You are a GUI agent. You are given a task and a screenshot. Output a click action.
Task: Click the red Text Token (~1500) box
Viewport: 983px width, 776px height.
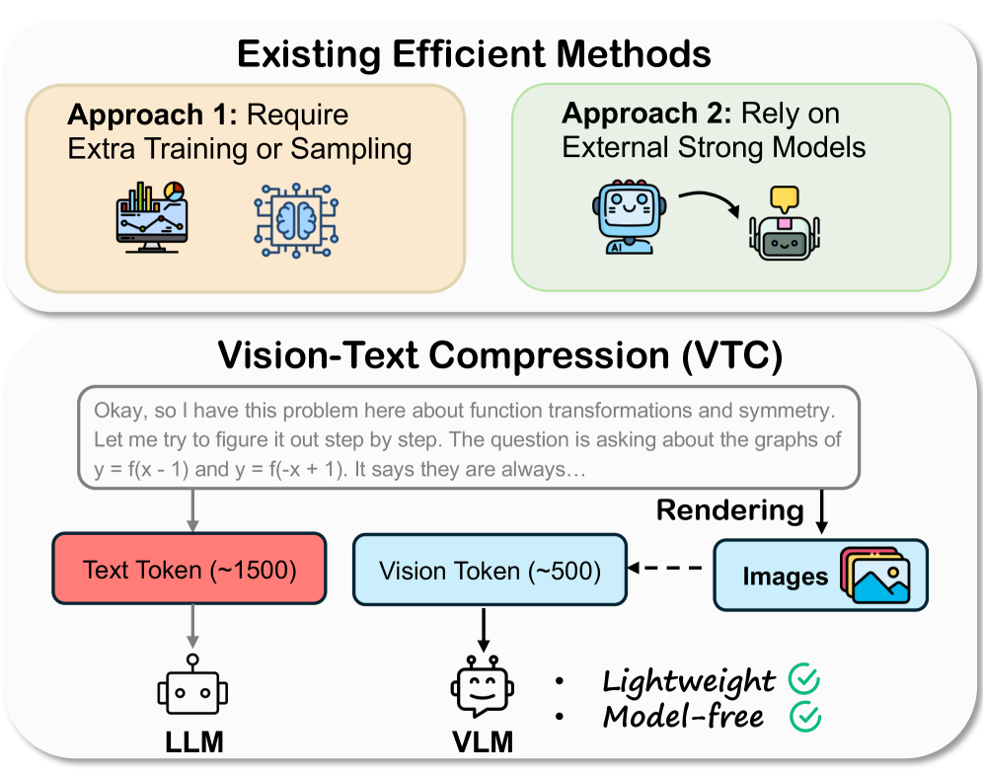tap(189, 570)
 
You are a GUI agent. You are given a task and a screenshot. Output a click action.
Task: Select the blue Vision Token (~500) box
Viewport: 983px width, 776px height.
tap(490, 570)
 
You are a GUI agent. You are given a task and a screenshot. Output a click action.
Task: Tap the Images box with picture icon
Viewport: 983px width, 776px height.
tap(820, 574)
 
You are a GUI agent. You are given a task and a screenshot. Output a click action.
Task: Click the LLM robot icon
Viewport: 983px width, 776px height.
tap(191, 688)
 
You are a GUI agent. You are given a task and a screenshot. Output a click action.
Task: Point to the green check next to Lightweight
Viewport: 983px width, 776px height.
tap(804, 679)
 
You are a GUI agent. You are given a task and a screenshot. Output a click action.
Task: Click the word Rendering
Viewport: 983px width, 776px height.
tap(730, 510)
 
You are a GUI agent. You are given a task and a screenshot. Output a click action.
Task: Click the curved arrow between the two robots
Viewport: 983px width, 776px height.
tap(706, 198)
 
